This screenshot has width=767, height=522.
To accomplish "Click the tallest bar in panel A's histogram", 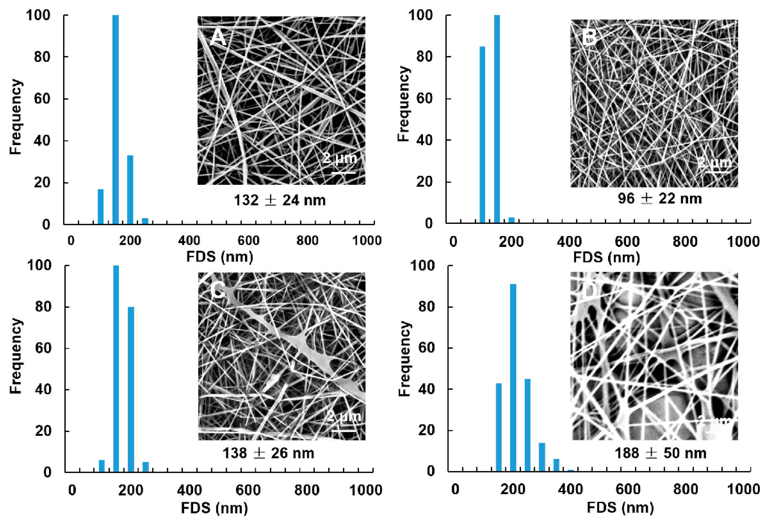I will coord(115,120).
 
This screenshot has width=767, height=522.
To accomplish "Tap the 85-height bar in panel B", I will coord(482,135).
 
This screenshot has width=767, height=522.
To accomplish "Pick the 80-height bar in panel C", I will coord(131,389).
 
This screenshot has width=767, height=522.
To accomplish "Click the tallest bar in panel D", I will coord(513,377).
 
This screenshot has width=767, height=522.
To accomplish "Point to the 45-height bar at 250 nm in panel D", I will coord(527,425).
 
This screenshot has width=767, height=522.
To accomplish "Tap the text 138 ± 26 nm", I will coord(268,453).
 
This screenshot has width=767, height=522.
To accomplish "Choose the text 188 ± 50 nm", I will coord(660,453).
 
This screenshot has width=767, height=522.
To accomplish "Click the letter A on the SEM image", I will coord(218,37).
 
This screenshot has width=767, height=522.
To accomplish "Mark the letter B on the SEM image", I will coord(589,37).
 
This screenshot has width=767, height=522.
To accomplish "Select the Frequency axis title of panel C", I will coord(15,356).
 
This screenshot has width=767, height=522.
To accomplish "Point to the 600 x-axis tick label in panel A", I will coord(248,241).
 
